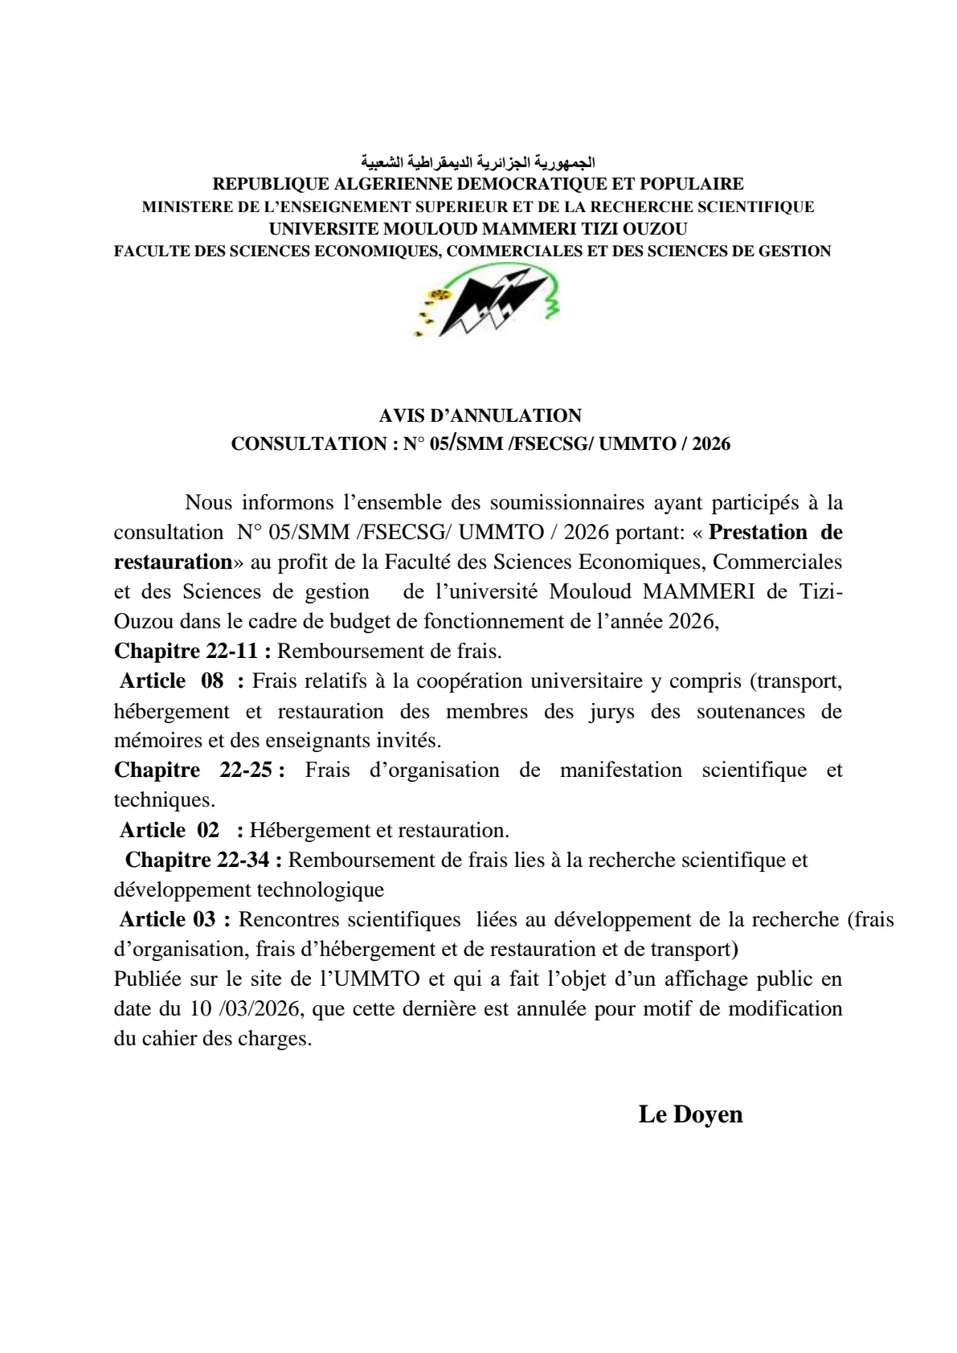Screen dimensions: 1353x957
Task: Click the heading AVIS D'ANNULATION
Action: [x=480, y=416]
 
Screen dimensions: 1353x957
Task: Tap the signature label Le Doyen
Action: [x=690, y=1114]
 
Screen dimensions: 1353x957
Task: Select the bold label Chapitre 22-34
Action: [x=203, y=860]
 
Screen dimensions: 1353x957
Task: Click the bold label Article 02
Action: [x=170, y=830]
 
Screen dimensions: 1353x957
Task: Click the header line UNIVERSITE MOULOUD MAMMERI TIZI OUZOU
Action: [x=478, y=229]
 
